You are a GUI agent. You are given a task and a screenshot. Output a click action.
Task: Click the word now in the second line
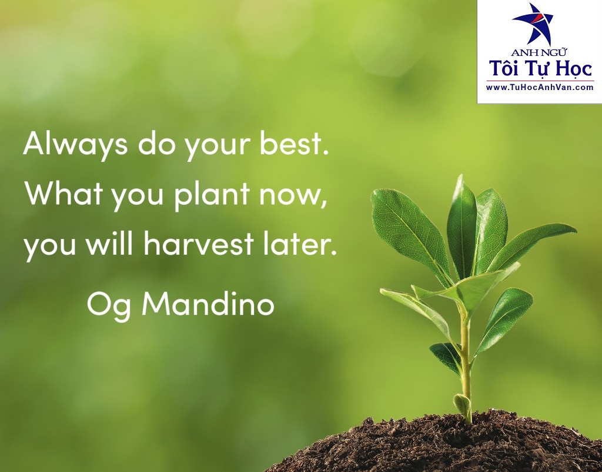pyautogui.click(x=291, y=195)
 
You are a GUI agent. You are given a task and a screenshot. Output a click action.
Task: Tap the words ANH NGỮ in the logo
pyautogui.click(x=540, y=52)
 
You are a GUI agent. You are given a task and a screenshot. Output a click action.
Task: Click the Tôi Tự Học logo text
pyautogui.click(x=540, y=69)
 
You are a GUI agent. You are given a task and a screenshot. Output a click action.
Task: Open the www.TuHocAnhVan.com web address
pyautogui.click(x=540, y=87)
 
